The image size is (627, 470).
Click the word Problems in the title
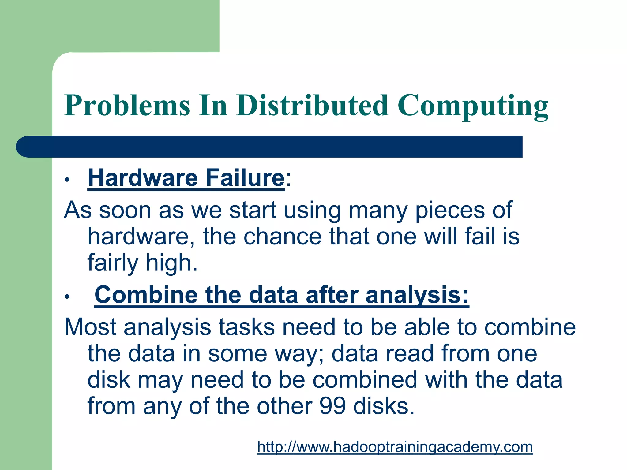point(127,106)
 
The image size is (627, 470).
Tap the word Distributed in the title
point(312,106)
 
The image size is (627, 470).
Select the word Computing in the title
point(473,106)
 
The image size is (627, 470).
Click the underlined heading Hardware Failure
point(186,178)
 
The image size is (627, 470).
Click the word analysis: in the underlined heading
point(417,295)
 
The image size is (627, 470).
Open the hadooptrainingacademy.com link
point(395,447)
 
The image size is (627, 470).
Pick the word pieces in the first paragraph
point(450,211)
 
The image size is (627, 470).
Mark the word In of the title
point(213,106)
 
